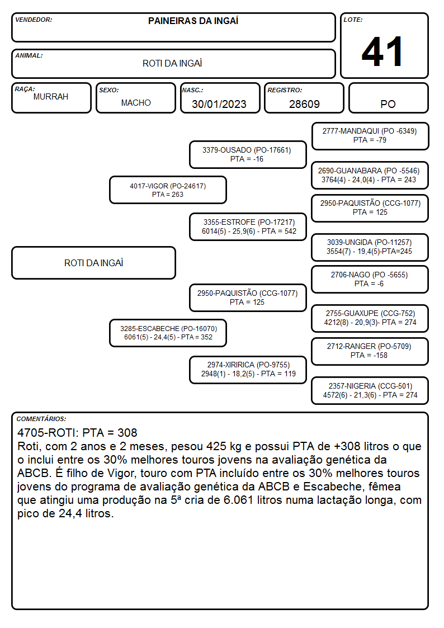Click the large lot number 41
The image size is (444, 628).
tap(382, 51)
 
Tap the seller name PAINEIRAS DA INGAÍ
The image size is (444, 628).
tap(193, 21)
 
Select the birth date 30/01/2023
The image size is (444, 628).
tap(219, 104)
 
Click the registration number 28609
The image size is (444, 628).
tap(304, 104)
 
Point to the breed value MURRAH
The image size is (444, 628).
tap(51, 97)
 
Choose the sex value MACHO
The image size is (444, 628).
tap(136, 103)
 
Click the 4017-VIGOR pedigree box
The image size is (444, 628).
tap(168, 190)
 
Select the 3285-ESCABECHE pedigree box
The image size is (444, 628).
tap(168, 333)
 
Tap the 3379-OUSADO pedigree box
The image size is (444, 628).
tap(248, 154)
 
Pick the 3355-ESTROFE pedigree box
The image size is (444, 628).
tap(248, 226)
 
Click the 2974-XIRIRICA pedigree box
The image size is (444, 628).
tap(248, 370)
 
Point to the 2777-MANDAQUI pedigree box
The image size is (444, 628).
tap(370, 136)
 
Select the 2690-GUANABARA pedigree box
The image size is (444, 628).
tap(370, 175)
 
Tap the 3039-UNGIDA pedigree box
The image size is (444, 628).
tap(370, 247)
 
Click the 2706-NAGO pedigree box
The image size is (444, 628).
tap(370, 279)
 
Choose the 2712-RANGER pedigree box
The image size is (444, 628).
tap(370, 351)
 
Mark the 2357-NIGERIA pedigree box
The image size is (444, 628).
tap(370, 390)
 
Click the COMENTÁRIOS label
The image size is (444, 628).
tap(41, 419)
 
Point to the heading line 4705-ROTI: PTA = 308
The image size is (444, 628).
tap(77, 432)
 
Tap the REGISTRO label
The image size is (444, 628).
tap(285, 90)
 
